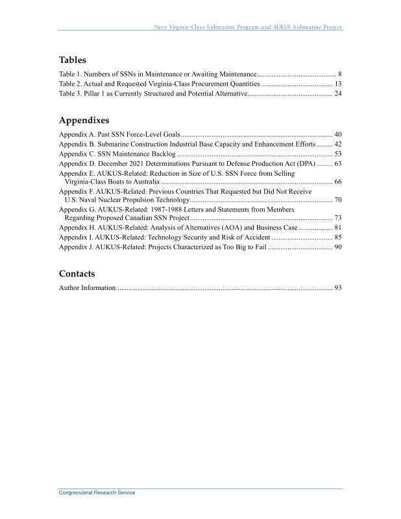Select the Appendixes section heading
click(84, 120)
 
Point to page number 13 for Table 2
click(338, 84)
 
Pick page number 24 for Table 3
click(338, 94)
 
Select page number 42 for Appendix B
click(338, 144)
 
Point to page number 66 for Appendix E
click(338, 182)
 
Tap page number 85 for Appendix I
click(338, 237)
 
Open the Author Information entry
click(87, 287)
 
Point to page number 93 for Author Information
click(338, 287)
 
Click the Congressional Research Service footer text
click(97, 493)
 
